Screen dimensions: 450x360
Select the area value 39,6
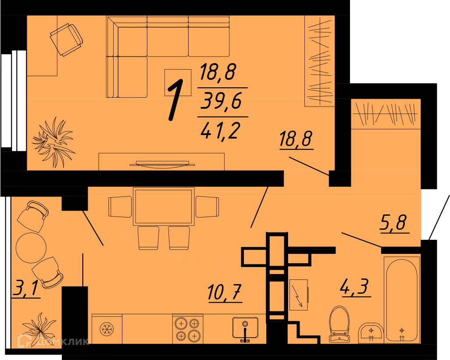pyautogui.click(x=221, y=100)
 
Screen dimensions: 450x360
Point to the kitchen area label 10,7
pyautogui.click(x=225, y=292)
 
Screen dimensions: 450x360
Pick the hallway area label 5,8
pyautogui.click(x=394, y=223)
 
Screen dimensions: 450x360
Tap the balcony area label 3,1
pyautogui.click(x=25, y=288)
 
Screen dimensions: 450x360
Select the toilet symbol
pyautogui.click(x=339, y=324)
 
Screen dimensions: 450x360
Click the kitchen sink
pyautogui.click(x=245, y=328)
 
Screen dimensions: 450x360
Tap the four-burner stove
pyautogui.click(x=188, y=329)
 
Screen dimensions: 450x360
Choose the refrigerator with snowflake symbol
pyautogui.click(x=107, y=329)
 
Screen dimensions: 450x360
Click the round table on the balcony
pyautogui.click(x=31, y=248)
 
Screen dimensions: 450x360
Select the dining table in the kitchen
pyautogui.click(x=164, y=206)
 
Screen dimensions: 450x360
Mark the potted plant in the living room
pyautogui.click(x=54, y=142)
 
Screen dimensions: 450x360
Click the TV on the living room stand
pyautogui.click(x=162, y=164)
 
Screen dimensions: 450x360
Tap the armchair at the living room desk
pyautogui.click(x=66, y=39)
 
